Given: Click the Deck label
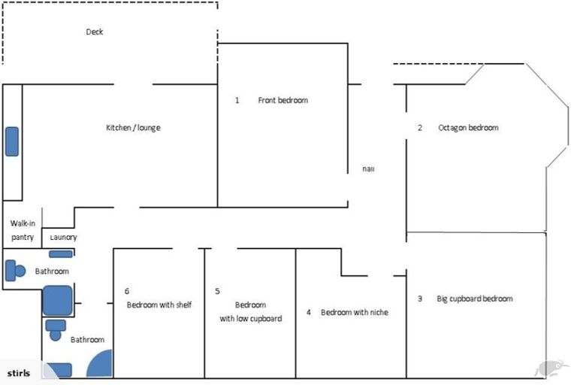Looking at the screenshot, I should coord(94,32).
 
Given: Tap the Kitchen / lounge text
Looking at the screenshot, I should coord(133,128).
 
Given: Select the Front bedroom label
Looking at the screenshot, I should coord(282,100).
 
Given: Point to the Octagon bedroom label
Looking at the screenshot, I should coord(468,128).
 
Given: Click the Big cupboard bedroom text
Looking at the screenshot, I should coord(475,299).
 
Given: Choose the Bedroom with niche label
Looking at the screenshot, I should coord(355,312).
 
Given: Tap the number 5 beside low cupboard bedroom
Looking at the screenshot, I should coord(217,291).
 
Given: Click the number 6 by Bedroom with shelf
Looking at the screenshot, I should coord(127,291).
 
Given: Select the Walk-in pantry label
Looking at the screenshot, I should coord(22,230).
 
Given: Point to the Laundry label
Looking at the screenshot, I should coord(63,238).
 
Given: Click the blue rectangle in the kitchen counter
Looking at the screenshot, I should coord(12,141).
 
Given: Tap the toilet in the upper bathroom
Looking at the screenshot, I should coord(14,271).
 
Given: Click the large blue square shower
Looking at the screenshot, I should coord(57,300).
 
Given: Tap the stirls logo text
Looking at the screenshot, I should coord(17,373).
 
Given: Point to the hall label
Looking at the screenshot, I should coord(368,169).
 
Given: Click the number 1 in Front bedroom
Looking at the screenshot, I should coord(237,100).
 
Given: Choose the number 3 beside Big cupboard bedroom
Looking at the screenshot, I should coord(419,299).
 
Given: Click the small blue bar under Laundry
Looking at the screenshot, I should coord(61,254).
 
